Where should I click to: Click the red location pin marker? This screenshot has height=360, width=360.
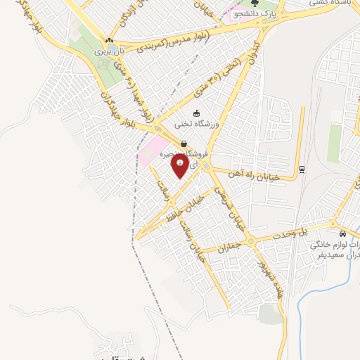coord(180,165)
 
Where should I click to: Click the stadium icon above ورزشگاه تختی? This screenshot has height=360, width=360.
coord(197,112)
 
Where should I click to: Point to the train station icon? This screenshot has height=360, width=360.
coord(302,169)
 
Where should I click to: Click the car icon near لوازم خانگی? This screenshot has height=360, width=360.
coord(342,233)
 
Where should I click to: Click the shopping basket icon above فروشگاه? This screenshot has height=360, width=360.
coord(184,144)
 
